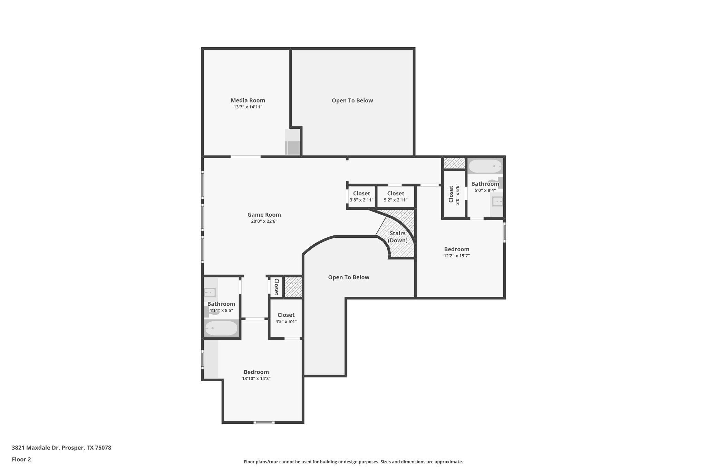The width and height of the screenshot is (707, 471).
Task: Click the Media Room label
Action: (248, 100)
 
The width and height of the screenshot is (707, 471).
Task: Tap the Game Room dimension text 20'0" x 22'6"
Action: (264, 222)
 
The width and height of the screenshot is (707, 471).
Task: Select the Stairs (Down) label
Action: (397, 237)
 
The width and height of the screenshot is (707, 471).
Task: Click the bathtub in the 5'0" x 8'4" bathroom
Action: (485, 166)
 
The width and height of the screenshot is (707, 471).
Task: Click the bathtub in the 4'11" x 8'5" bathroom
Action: (221, 328)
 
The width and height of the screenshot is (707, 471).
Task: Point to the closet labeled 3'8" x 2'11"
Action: (361, 197)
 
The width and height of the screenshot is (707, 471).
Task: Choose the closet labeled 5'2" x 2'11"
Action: (396, 197)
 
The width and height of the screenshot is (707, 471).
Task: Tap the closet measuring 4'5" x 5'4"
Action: (286, 318)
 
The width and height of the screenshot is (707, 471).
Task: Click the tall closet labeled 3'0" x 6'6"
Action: (454, 195)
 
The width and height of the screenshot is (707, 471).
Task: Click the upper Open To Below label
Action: (352, 100)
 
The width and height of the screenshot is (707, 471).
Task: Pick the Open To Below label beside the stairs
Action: (349, 277)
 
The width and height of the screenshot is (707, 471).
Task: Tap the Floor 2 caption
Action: (21, 459)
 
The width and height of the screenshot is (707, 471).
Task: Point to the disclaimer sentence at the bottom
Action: (353, 462)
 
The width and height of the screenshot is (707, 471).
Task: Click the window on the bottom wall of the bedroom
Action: (264, 422)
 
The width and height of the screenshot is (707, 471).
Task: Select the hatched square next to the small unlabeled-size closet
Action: (293, 286)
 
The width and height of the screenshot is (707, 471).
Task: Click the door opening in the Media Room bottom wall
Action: (245, 157)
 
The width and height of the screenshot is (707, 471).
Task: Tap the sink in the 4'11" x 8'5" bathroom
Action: (210, 293)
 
